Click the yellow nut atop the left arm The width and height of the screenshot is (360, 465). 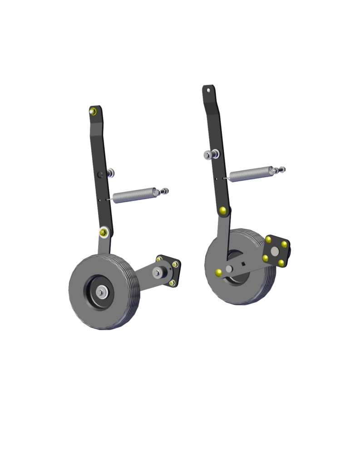(93, 111)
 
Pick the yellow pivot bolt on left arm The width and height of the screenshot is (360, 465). (104, 232)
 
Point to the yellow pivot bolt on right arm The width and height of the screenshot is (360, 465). (223, 210)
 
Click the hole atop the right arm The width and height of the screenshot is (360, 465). (209, 90)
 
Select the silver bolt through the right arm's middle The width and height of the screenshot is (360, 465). (208, 155)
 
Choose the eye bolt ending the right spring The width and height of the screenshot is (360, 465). (279, 170)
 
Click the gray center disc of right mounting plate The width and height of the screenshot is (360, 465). (275, 252)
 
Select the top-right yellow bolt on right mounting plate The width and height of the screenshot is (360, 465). (285, 244)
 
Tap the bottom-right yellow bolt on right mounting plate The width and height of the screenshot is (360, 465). (281, 263)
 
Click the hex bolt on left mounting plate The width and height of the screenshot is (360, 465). (158, 272)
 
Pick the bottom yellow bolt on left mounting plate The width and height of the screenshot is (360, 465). (172, 283)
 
